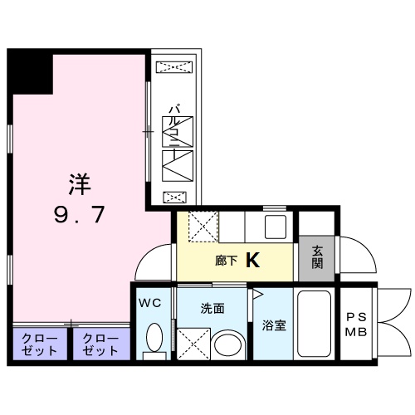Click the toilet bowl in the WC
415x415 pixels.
[154, 339]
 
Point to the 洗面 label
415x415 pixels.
[212, 308]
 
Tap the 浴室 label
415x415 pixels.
[274, 325]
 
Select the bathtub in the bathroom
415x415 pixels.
[314, 325]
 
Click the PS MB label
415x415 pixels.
[356, 325]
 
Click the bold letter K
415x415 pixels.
[252, 261]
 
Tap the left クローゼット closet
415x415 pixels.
[40, 345]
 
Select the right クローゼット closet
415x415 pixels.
[101, 345]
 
